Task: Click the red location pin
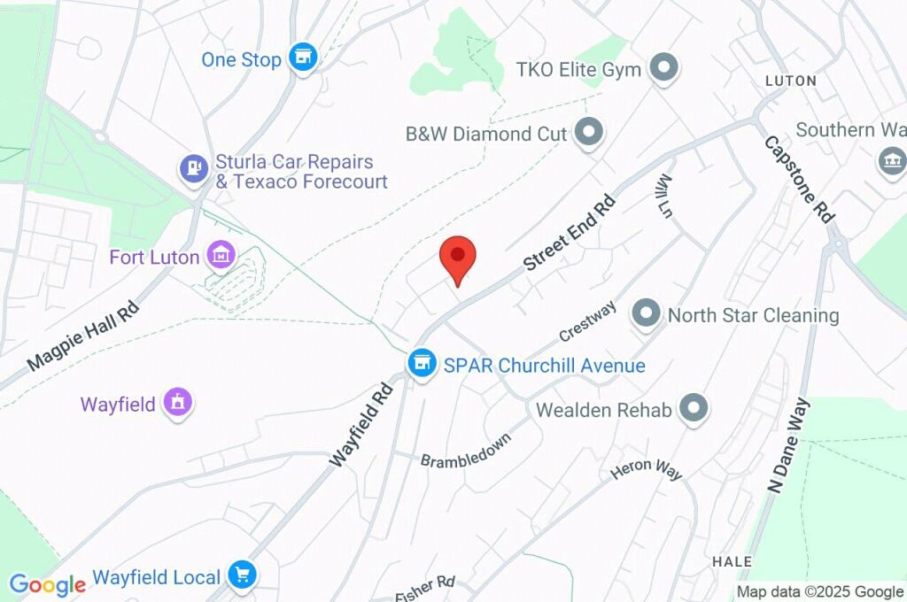tap(458, 258)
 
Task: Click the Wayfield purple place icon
tap(178, 403)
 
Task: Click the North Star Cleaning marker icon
tap(647, 313)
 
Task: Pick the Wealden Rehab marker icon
tap(694, 409)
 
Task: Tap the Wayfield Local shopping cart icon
tap(241, 575)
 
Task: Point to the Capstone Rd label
tap(800, 178)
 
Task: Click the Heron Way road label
tap(647, 470)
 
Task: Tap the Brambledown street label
tap(465, 450)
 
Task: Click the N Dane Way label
tap(789, 445)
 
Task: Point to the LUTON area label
tap(790, 81)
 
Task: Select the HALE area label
tap(732, 561)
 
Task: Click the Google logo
tap(48, 584)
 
